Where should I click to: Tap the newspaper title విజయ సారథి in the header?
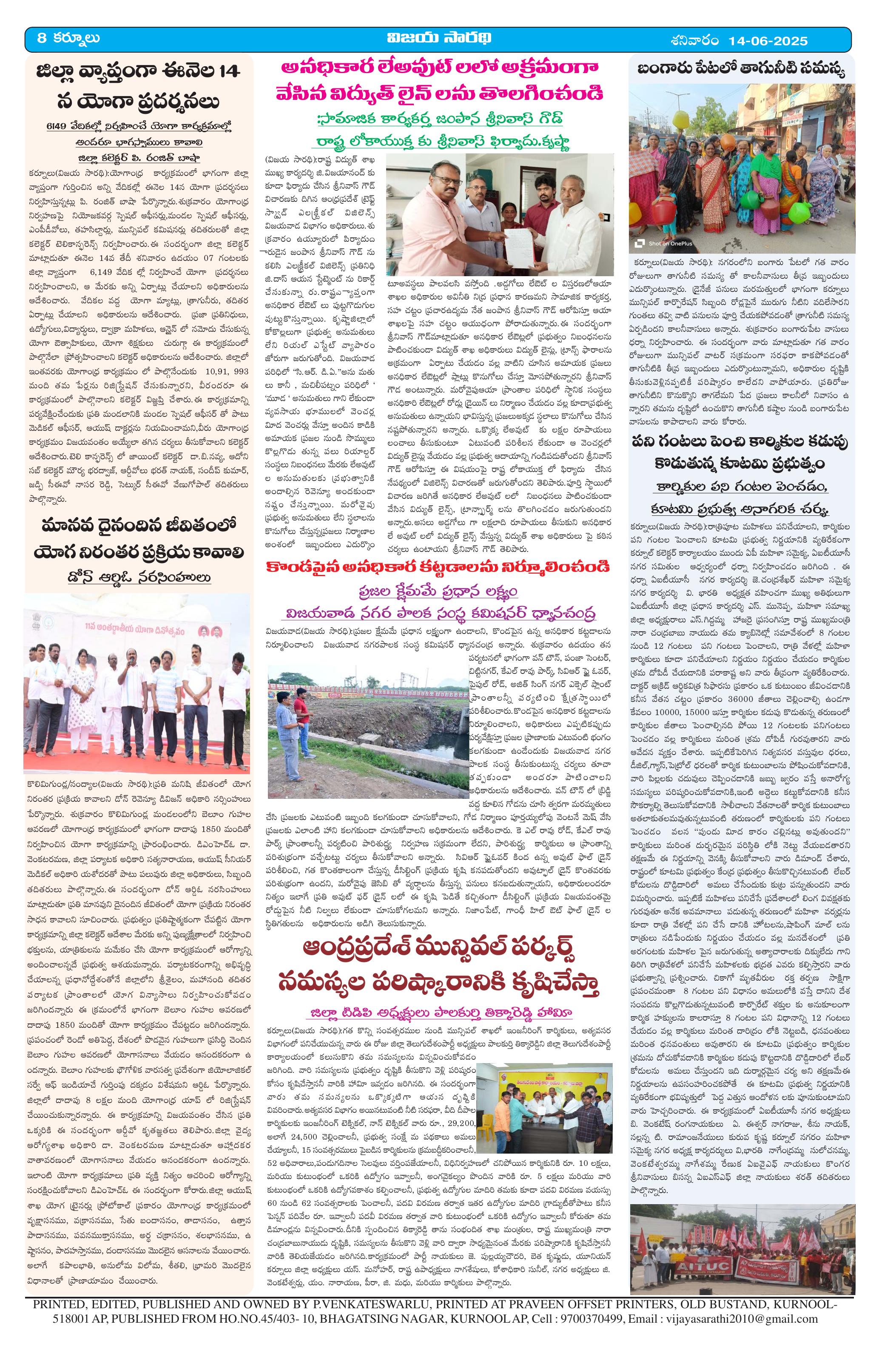coord(438,39)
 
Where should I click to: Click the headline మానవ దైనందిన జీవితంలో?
coord(139,525)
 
